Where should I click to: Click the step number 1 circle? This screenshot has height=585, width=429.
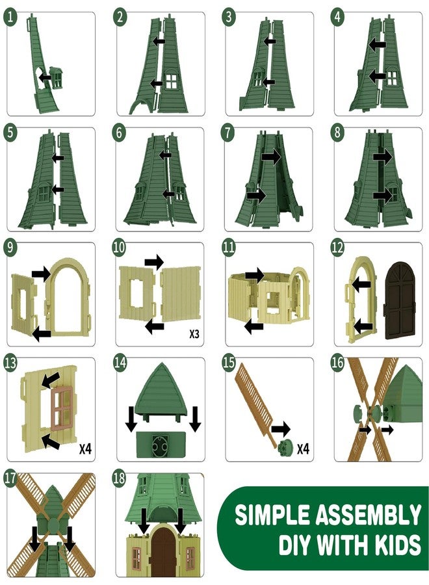pyautogui.click(x=10, y=17)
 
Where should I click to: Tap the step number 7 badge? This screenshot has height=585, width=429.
pyautogui.click(x=228, y=133)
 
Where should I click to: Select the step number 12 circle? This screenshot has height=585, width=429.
pyautogui.click(x=337, y=248)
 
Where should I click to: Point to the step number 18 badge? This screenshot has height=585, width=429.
pyautogui.click(x=120, y=478)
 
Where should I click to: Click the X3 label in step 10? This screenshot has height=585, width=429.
pyautogui.click(x=194, y=334)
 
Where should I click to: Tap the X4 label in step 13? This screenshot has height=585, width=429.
pyautogui.click(x=85, y=448)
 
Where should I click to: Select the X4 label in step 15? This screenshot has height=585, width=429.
pyautogui.click(x=303, y=448)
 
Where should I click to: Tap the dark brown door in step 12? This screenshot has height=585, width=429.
pyautogui.click(x=400, y=300)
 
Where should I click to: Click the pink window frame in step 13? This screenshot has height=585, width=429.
pyautogui.click(x=61, y=408)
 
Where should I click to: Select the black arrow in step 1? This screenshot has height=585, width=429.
pyautogui.click(x=45, y=77)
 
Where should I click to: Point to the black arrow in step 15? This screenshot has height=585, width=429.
pyautogui.click(x=281, y=429)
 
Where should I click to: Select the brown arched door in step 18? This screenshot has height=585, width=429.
pyautogui.click(x=163, y=551)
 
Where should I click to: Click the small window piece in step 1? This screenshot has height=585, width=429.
pyautogui.click(x=57, y=77)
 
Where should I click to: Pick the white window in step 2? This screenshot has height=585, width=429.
pyautogui.click(x=172, y=81)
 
